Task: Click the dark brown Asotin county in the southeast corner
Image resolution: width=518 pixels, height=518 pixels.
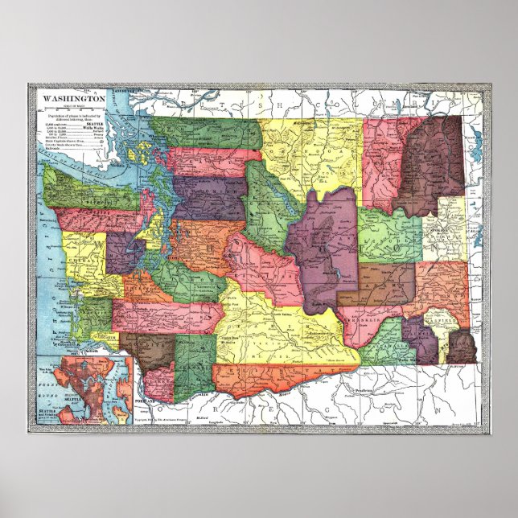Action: click(461, 346)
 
